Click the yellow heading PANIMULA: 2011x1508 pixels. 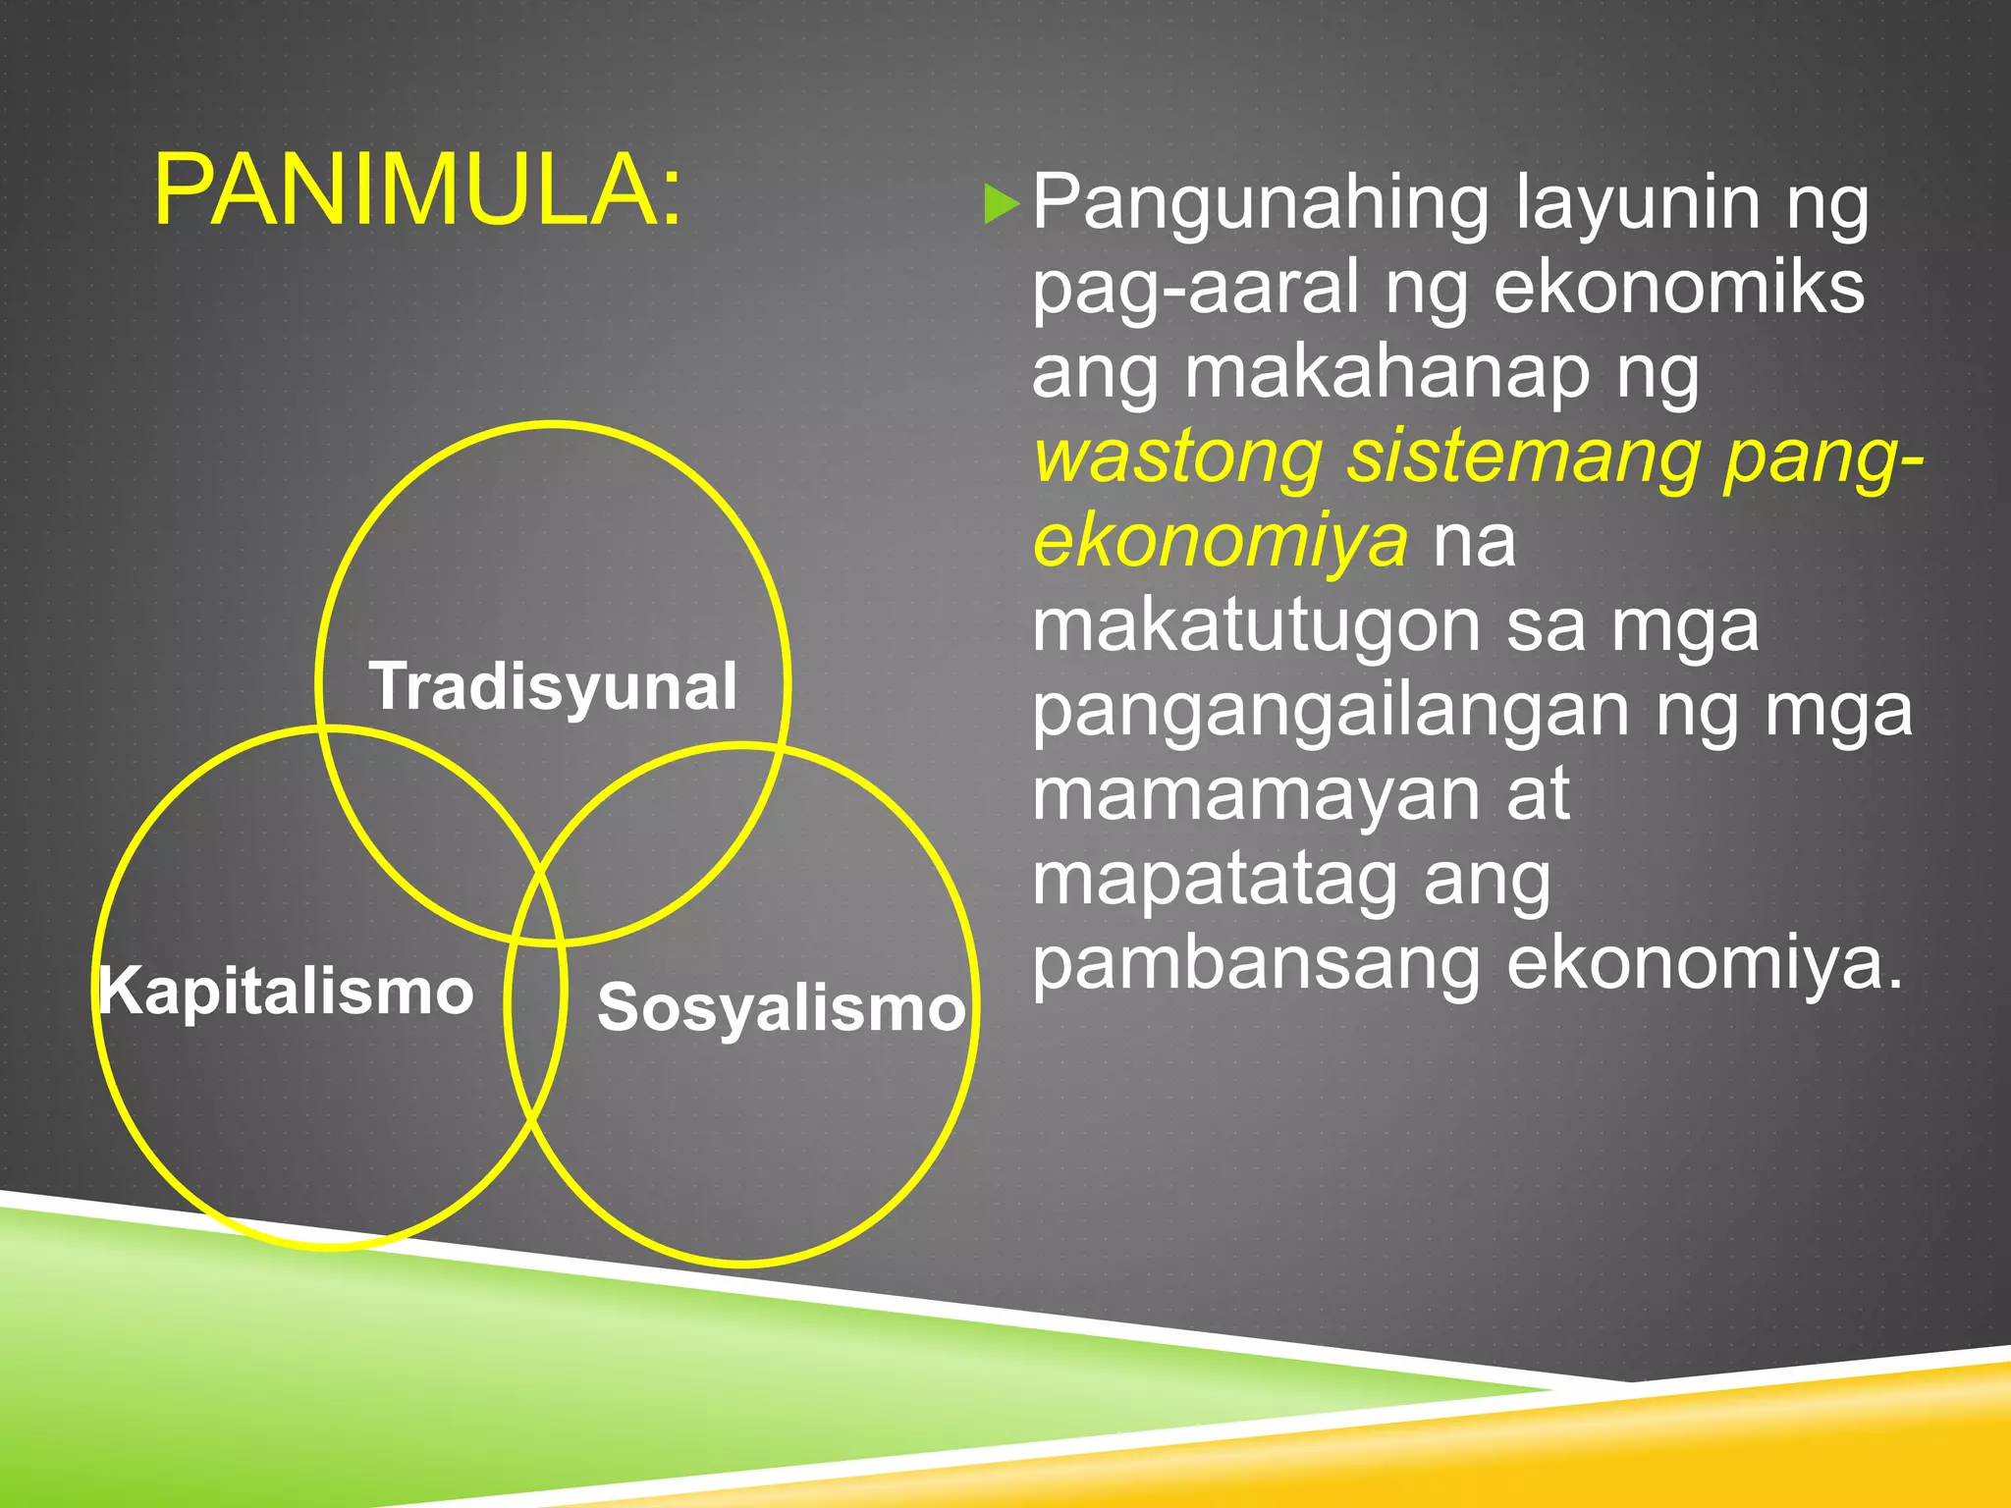pyautogui.click(x=417, y=190)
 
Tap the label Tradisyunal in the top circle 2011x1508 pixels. pyautogui.click(x=553, y=686)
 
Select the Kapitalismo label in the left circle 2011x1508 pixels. pyautogui.click(x=286, y=992)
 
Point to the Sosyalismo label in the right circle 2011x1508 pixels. pyautogui.click(x=782, y=1008)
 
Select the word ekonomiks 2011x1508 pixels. pyautogui.click(x=1678, y=289)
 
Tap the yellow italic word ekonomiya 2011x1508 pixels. pyautogui.click(x=1221, y=543)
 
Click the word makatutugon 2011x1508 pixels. pyautogui.click(x=1256, y=627)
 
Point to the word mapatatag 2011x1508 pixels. pyautogui.click(x=1214, y=882)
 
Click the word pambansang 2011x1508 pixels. pyautogui.click(x=1255, y=966)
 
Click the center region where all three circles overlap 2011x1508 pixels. pyautogui.click(x=536, y=908)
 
